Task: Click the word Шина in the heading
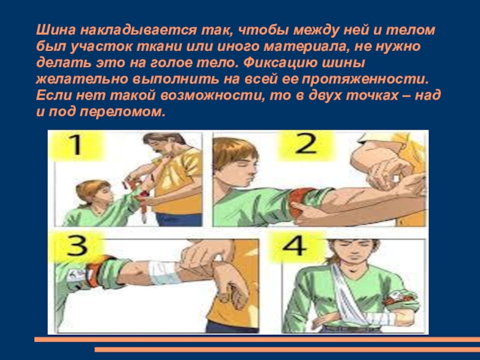(55, 30)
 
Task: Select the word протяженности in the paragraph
(365, 80)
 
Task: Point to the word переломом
(122, 112)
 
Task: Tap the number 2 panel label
(306, 144)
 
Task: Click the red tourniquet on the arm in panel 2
(298, 203)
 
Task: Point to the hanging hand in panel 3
(232, 284)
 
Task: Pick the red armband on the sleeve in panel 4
(401, 296)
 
